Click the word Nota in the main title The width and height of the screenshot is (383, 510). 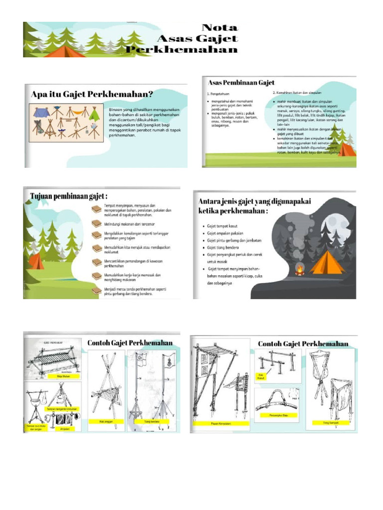coord(219,28)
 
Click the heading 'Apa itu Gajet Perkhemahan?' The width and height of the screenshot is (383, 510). coord(92,94)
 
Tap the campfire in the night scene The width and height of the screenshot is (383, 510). coord(300,270)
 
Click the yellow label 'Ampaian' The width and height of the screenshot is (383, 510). coord(64,428)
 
